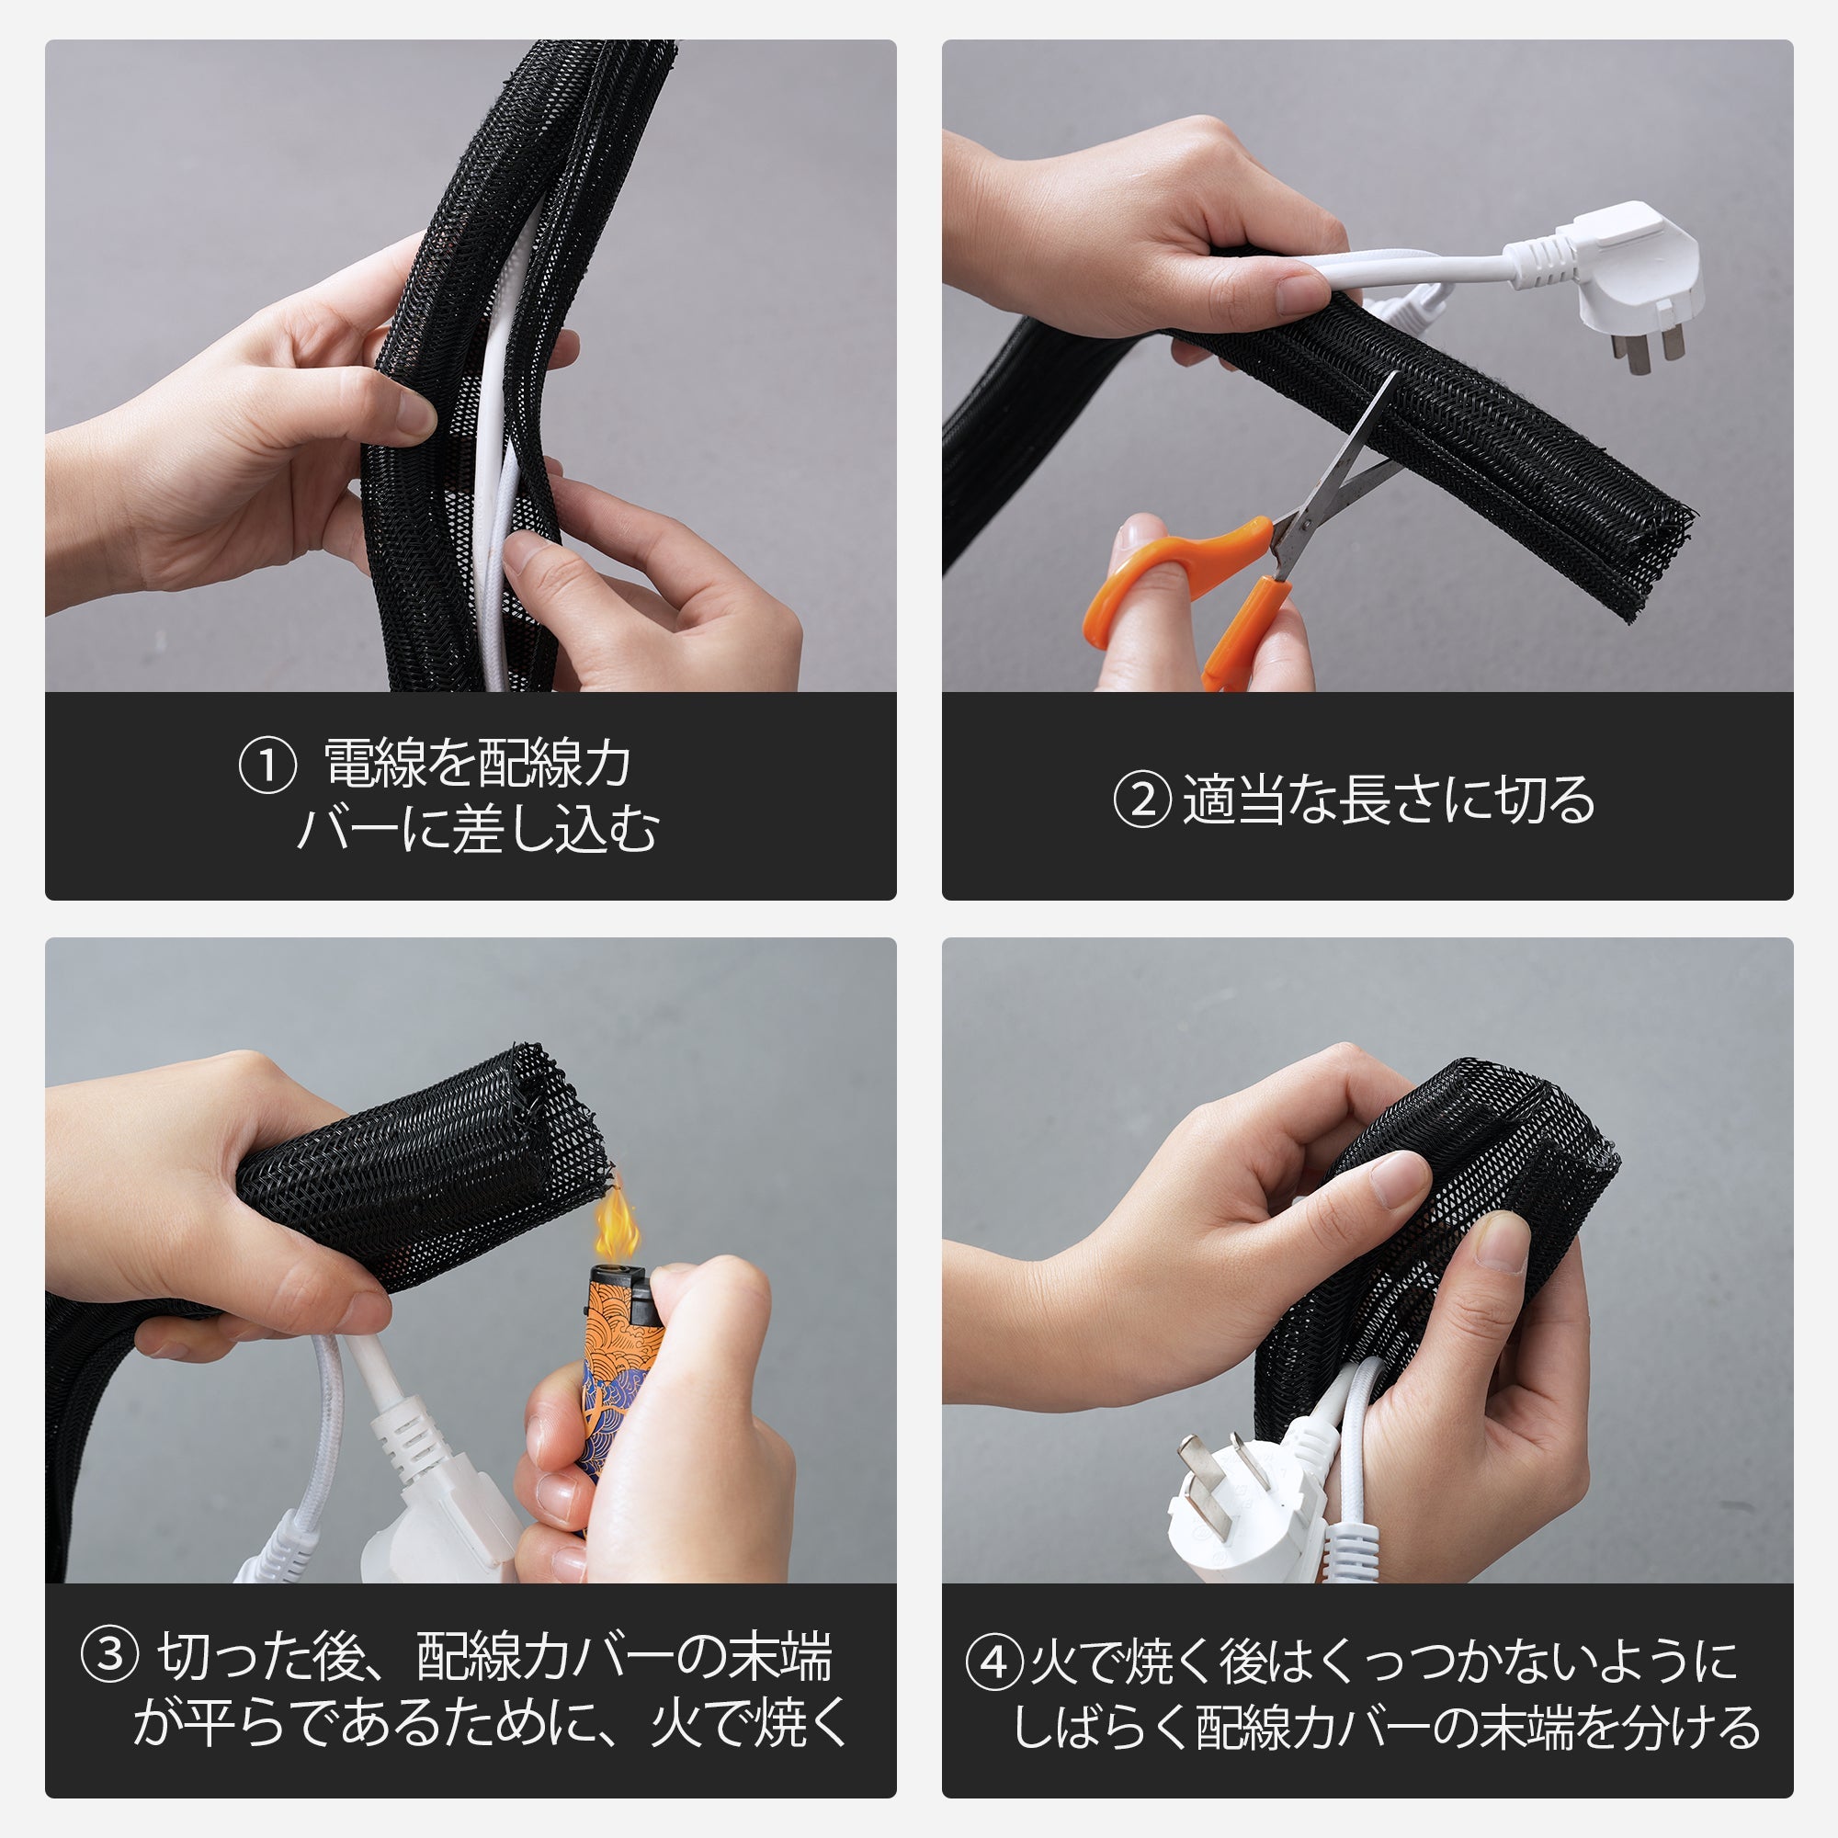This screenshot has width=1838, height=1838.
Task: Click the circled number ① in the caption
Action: (x=267, y=766)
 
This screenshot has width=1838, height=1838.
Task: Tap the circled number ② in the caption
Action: (x=1140, y=800)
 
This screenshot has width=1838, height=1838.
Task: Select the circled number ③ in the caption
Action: (x=111, y=1654)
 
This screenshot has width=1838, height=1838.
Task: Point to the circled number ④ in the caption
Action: (x=994, y=1662)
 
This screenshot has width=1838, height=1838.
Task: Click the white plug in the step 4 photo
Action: (x=1237, y=1503)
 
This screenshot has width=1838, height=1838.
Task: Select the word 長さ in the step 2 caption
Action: (x=1389, y=800)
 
